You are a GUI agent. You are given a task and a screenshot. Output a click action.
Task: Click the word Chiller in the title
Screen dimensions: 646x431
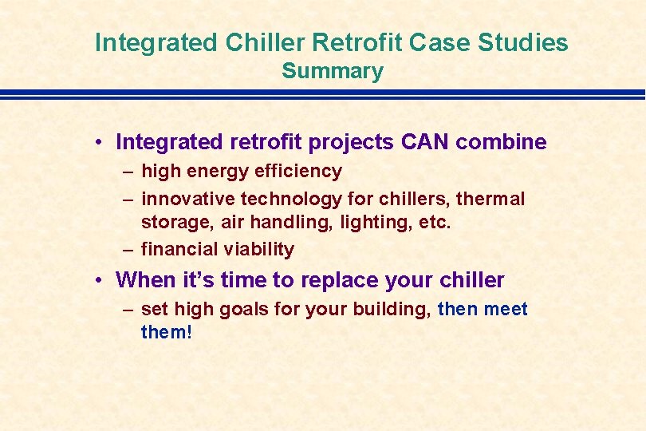[265, 42]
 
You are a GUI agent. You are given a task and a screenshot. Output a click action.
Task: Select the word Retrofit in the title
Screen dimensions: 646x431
[356, 42]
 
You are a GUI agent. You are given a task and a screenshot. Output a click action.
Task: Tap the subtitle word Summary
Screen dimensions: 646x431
[333, 72]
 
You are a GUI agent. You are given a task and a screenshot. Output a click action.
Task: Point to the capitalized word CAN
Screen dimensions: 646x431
[425, 141]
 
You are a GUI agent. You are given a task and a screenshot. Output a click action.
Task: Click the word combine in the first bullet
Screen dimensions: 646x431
[501, 141]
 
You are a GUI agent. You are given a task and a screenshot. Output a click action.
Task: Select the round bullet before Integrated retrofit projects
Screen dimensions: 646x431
[98, 143]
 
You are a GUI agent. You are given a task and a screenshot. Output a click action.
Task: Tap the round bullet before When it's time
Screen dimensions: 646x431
[98, 280]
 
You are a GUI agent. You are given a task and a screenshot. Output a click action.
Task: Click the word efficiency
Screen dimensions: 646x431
[298, 172]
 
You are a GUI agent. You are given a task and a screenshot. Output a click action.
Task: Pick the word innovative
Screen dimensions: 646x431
[188, 199]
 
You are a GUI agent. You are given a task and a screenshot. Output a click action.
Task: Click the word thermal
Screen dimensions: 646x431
[490, 199]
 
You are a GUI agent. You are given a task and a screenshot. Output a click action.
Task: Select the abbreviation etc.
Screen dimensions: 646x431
[435, 223]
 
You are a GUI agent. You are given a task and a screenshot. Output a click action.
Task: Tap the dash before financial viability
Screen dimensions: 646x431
[128, 250]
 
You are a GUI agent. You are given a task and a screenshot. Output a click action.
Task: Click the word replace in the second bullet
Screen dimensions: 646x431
[340, 280]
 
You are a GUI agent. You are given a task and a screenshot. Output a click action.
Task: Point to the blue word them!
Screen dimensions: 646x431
[167, 332]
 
